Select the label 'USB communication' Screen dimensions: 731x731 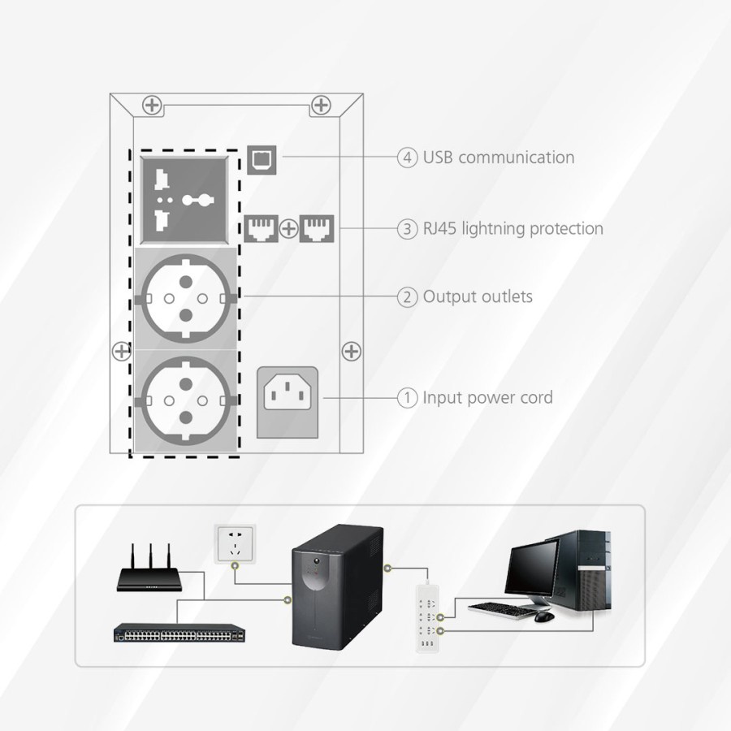(499, 158)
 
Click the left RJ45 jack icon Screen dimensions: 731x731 (261, 228)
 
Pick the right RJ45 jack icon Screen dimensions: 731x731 (314, 228)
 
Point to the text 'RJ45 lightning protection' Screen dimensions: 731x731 (513, 228)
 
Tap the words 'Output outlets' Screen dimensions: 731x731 (478, 296)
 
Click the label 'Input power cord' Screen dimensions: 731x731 (487, 398)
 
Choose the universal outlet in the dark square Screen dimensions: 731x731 (183, 199)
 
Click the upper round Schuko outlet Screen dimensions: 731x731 (183, 298)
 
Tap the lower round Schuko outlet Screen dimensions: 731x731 (183, 400)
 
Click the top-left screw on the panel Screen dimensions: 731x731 (151, 105)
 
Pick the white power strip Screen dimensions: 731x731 (427, 618)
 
